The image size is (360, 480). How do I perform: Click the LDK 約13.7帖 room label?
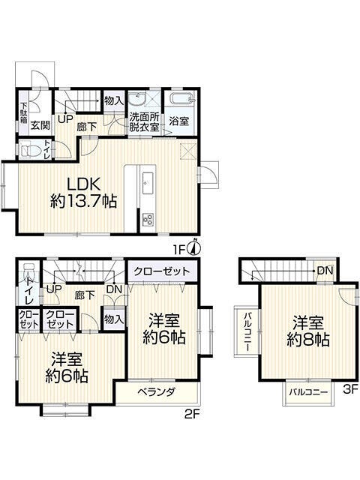point(83,193)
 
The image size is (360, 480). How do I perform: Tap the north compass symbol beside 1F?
point(195,248)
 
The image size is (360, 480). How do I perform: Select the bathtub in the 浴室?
point(181,99)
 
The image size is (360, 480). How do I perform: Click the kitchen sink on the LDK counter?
point(148,183)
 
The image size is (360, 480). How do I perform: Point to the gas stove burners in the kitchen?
point(148,219)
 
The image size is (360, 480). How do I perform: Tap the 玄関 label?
point(40,125)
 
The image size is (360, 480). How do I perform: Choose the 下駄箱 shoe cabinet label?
point(24,112)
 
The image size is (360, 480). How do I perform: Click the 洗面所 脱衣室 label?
point(144,122)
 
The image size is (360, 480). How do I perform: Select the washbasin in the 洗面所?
point(136,99)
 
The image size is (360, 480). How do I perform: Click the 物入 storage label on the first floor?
point(113,100)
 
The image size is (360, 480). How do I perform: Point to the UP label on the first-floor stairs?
point(65,119)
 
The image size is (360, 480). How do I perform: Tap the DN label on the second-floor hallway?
point(114,289)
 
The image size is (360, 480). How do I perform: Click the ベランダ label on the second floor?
point(156,391)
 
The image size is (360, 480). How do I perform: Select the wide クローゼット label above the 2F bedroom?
point(162,271)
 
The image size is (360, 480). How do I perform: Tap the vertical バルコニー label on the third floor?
point(247,331)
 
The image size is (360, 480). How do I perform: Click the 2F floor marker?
point(192,414)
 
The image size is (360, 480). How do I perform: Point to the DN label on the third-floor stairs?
point(325,271)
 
